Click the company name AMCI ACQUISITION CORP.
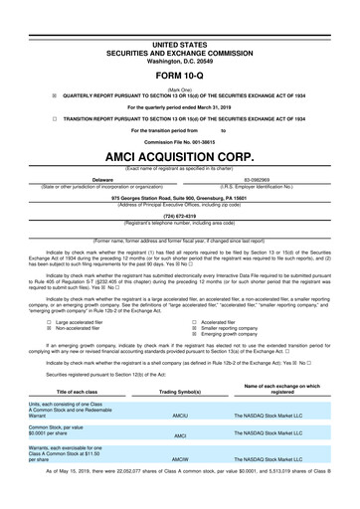[180, 157]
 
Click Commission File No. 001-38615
[180, 143]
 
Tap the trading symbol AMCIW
[180, 488]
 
